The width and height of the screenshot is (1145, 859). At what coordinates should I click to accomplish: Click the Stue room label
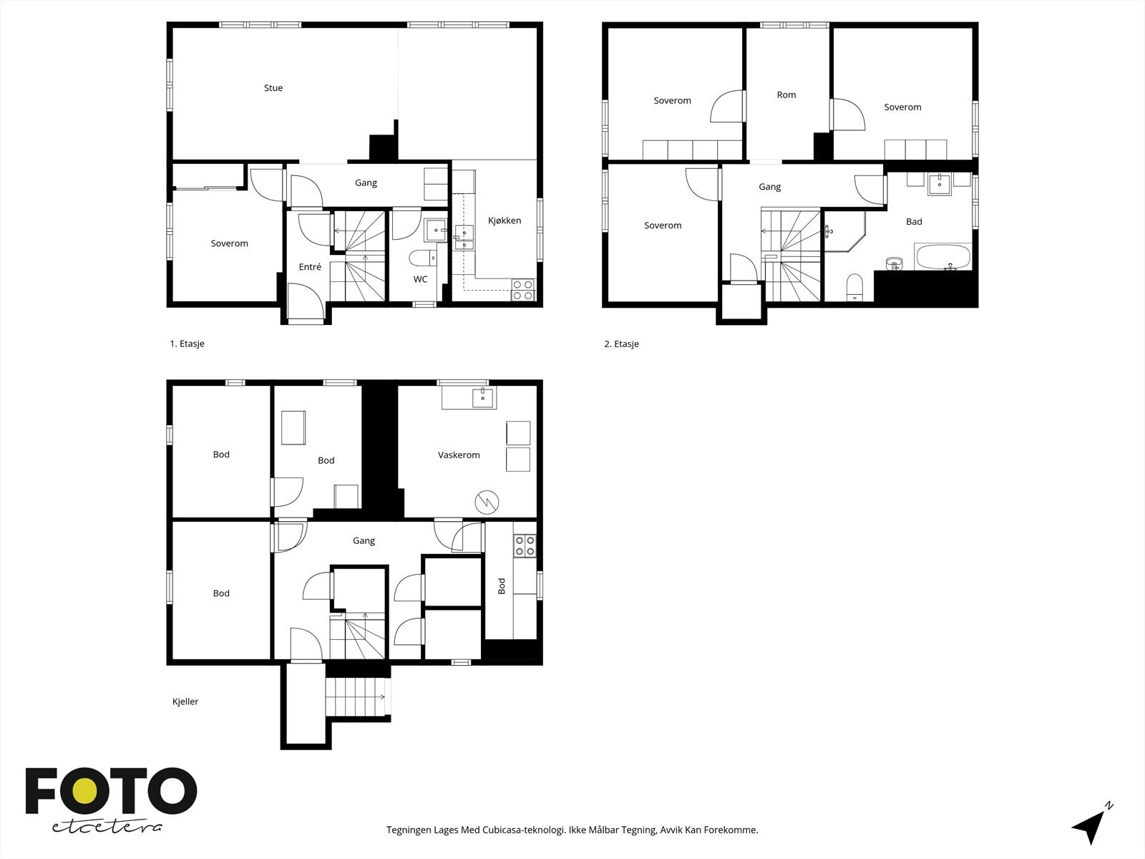point(273,88)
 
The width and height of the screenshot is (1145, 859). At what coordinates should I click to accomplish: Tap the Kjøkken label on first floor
point(504,220)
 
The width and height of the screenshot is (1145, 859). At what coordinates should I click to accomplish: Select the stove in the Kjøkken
point(523,289)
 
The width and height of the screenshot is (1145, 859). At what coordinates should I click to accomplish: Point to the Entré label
point(310,267)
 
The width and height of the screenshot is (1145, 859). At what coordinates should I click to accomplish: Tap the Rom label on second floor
point(786,94)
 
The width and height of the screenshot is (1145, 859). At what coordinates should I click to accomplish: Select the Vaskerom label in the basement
point(459,455)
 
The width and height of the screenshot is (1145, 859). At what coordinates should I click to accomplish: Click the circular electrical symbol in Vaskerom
point(487,501)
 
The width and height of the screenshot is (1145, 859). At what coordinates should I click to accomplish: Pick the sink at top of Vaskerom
point(484,397)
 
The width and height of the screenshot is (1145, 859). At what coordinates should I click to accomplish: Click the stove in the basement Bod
point(525,546)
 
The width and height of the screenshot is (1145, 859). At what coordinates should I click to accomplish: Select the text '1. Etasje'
point(187,344)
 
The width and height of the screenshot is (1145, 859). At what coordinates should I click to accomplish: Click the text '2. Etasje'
point(621,344)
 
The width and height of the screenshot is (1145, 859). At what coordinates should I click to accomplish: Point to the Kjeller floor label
point(185,702)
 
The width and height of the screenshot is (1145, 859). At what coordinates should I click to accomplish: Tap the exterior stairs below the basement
point(356,695)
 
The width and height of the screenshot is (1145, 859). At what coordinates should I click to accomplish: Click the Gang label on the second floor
point(769,187)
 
